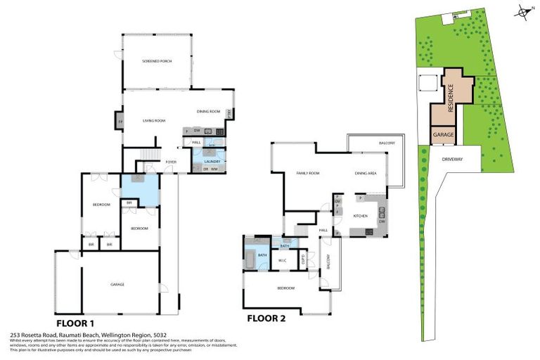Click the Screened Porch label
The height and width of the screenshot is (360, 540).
click(157, 62)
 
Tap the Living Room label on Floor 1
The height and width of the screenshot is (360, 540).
click(154, 121)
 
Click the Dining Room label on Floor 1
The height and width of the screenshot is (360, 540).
click(209, 112)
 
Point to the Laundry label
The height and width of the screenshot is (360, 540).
click(212, 162)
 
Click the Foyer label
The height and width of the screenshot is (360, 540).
click(170, 162)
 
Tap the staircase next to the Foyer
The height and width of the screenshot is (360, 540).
click(148, 155)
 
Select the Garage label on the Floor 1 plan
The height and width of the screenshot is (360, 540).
click(117, 285)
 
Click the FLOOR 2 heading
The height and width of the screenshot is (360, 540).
click(266, 319)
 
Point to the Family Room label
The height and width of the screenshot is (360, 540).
click(307, 173)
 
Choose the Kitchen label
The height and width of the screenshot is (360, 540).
click(360, 216)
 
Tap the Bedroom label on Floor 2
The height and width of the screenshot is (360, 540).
click(285, 288)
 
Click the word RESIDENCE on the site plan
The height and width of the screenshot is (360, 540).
click(451, 92)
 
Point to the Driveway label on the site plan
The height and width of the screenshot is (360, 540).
click(453, 160)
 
